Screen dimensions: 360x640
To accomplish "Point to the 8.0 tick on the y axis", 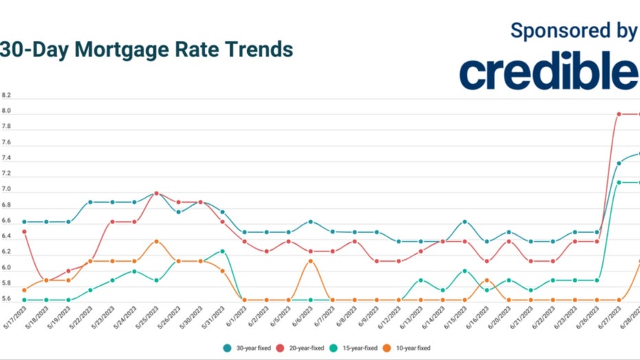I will tap(6, 111).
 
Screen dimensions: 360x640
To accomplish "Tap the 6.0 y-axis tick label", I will tap(6, 268).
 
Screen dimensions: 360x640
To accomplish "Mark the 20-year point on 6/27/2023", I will tap(619, 114).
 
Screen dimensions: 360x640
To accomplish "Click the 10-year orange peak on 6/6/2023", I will tap(311, 260).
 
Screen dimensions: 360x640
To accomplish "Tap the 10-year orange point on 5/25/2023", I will tap(157, 241).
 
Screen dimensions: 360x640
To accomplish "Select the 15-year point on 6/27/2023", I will tap(619, 182).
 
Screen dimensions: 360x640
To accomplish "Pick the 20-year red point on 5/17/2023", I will tap(25, 232).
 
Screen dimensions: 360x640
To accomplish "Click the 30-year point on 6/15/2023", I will tap(465, 221).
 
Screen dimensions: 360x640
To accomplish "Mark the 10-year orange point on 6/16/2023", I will tap(487, 280).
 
